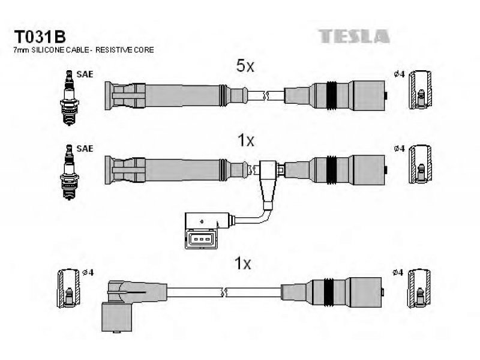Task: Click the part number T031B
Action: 40,37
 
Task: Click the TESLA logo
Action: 353,36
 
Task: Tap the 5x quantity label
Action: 245,65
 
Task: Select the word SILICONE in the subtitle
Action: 47,50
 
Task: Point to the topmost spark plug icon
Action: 70,98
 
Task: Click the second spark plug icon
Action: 70,172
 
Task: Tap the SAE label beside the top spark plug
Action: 85,74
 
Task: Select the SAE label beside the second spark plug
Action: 85,148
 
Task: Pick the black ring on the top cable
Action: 331,95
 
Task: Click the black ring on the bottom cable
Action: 328,292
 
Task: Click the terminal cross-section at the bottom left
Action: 68,289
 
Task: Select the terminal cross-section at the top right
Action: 421,89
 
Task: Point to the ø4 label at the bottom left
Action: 88,272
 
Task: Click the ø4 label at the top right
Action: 399,74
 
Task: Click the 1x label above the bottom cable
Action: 242,263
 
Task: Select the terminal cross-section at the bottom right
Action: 419,289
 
